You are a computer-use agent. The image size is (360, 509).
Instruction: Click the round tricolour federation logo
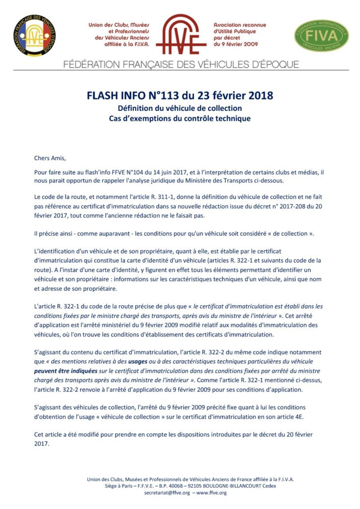34,35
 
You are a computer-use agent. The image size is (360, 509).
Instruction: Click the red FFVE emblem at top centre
180,35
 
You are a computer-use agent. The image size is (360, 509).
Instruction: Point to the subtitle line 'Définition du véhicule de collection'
180,108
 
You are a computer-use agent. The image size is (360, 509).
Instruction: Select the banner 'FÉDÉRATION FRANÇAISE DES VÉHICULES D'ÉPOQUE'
181,65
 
